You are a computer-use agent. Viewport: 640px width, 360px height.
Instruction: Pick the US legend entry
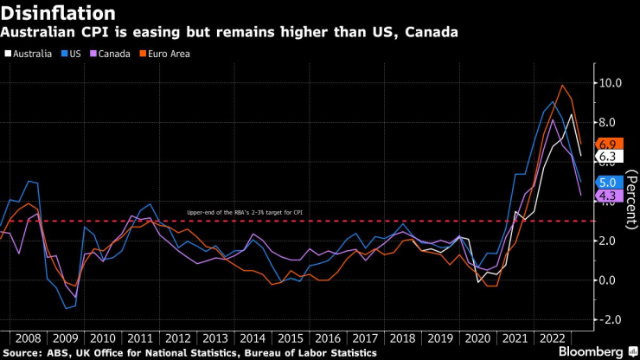(78, 54)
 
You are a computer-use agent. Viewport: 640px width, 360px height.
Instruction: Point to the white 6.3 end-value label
(608, 157)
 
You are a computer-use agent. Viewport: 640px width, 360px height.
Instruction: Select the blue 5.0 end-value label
(608, 183)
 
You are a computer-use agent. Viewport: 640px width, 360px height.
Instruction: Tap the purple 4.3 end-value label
(608, 196)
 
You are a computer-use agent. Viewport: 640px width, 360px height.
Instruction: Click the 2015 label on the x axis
(290, 337)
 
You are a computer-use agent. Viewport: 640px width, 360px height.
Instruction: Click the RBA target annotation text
(246, 212)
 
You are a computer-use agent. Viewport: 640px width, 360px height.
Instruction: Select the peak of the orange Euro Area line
(563, 85)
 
